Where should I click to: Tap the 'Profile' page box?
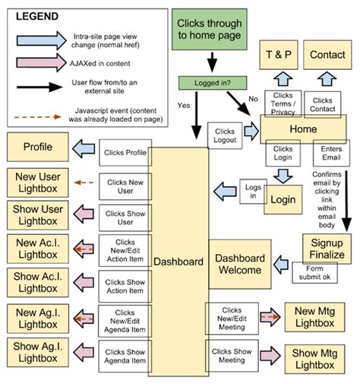coord(37,146)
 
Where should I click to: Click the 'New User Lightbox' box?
coord(37,182)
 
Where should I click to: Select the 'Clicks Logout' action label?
coord(226,135)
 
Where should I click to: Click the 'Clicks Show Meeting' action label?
coord(232,355)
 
